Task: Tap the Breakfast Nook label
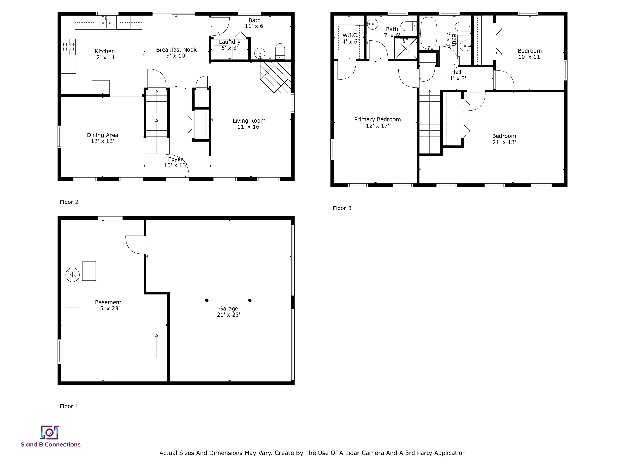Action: tap(176, 53)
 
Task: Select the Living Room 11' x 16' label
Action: tap(249, 124)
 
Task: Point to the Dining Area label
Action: tap(102, 138)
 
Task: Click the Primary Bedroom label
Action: tap(377, 122)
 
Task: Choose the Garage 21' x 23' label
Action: tap(229, 311)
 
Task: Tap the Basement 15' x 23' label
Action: tap(108, 305)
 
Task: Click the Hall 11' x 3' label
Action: tap(456, 75)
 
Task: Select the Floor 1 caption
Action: tap(69, 406)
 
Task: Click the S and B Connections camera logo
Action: tap(49, 433)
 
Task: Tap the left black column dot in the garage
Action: tap(207, 300)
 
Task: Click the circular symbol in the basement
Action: tap(72, 275)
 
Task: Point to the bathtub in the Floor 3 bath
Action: tap(429, 33)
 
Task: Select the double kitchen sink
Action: tap(106, 23)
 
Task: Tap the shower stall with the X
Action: tap(405, 49)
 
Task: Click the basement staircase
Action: tap(156, 346)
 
